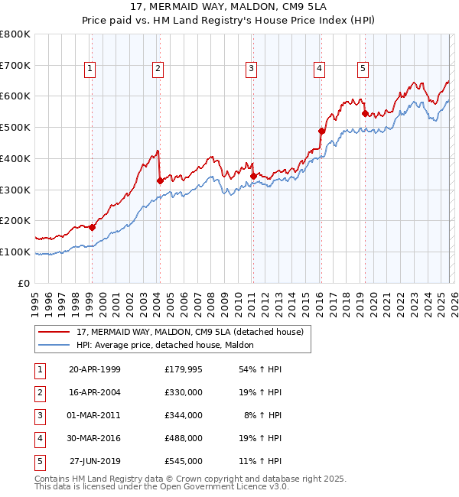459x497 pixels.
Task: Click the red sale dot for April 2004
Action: click(159, 180)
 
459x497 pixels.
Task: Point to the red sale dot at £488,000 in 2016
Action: click(321, 131)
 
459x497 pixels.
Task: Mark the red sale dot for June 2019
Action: click(365, 113)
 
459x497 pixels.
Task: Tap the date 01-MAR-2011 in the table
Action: click(94, 415)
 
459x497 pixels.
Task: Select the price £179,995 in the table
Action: click(183, 369)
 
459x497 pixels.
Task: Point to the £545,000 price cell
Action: click(183, 461)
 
